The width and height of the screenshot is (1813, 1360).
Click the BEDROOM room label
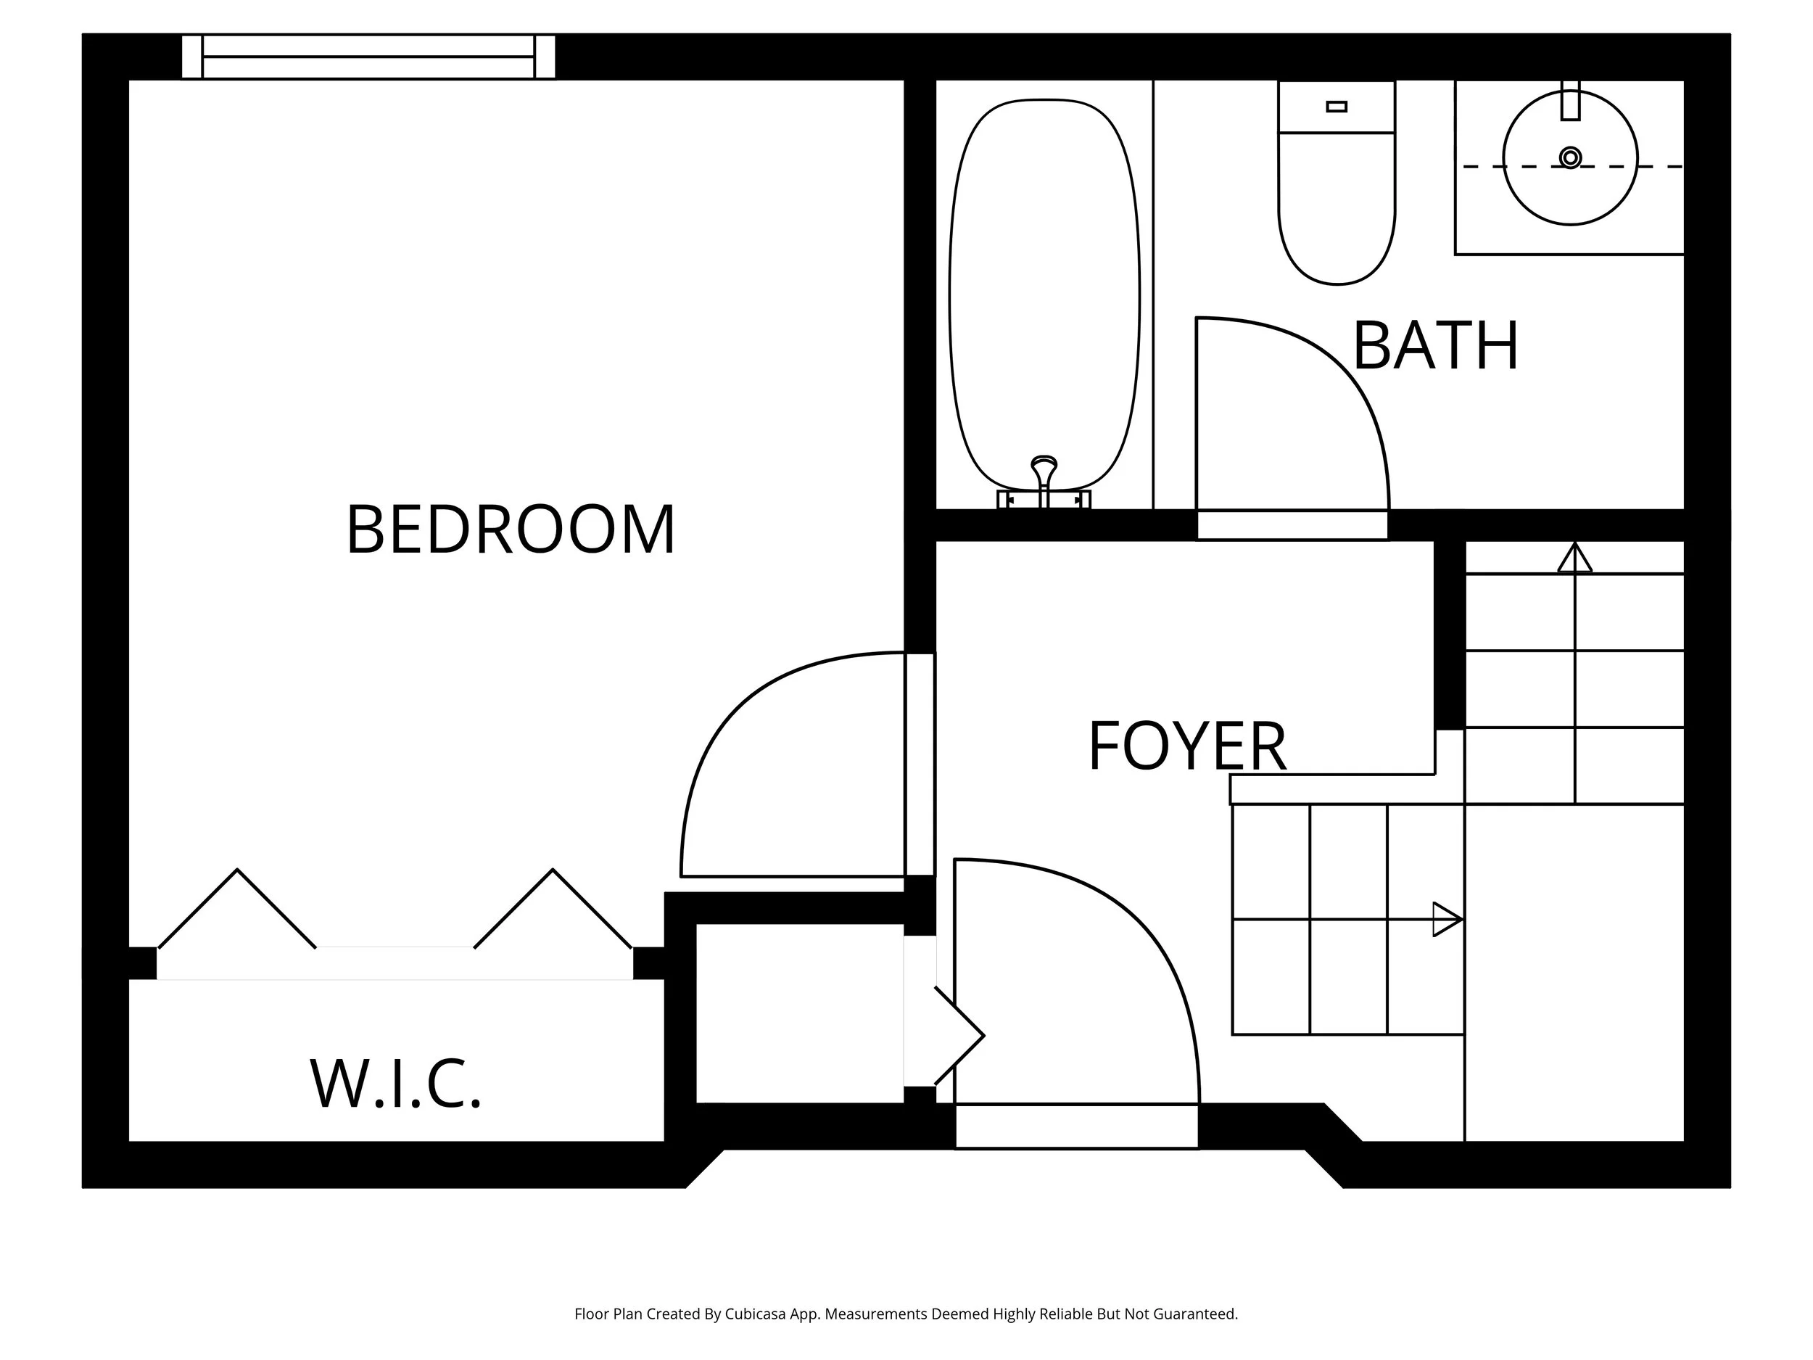511,530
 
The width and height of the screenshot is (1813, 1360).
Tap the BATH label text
1435,347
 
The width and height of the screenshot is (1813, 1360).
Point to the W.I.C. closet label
396,1084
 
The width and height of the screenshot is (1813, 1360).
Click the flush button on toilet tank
1336,107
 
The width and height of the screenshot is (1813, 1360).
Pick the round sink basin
1569,157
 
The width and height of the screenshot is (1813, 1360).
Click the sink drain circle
1569,157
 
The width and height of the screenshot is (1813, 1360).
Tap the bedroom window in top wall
368,57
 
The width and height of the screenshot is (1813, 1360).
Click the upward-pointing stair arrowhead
1574,559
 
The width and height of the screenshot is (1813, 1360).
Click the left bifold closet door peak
238,870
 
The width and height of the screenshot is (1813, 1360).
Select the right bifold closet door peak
553,870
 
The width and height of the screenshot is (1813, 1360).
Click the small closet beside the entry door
799,1013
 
